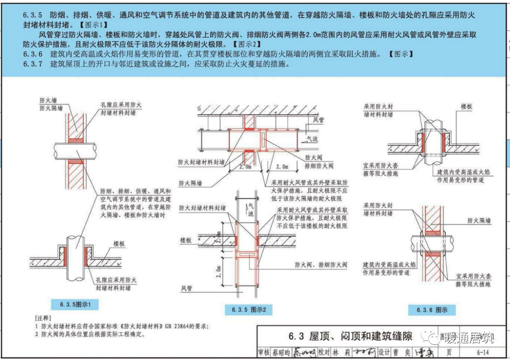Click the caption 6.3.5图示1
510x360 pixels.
coord(75,305)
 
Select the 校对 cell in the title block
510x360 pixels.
coord(323,352)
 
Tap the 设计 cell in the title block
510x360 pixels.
coord(384,352)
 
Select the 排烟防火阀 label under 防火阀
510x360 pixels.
coord(319,166)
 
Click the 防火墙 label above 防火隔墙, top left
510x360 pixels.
coord(48,100)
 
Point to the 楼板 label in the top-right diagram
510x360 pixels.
coord(467,107)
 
